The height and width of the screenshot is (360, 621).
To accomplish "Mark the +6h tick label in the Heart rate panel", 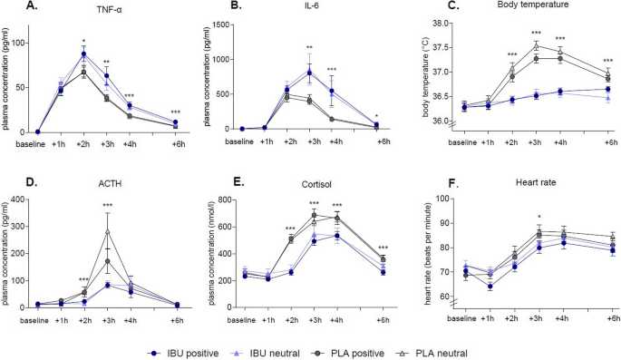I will click(613, 319).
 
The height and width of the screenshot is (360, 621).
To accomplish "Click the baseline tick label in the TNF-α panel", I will click(35, 141).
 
